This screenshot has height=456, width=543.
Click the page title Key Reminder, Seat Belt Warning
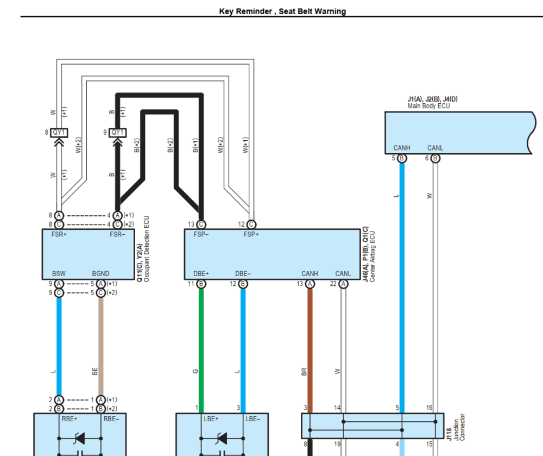[282, 11]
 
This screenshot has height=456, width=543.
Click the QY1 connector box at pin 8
[59, 132]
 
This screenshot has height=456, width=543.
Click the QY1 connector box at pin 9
[117, 132]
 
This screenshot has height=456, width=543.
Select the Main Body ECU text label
[428, 106]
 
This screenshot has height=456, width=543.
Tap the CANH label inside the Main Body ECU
[402, 148]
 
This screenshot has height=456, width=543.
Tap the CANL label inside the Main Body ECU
[435, 148]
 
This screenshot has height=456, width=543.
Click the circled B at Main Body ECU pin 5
[402, 158]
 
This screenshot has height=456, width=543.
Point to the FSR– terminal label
[117, 235]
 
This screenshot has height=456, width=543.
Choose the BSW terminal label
[59, 273]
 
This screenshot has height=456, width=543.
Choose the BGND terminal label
[100, 273]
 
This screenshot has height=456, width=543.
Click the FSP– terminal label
[201, 235]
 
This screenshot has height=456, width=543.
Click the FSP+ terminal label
[250, 235]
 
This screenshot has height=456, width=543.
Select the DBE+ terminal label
[201, 273]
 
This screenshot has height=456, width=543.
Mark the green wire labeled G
[201, 348]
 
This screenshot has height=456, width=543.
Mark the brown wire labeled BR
[310, 348]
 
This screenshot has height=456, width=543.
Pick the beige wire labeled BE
[100, 348]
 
